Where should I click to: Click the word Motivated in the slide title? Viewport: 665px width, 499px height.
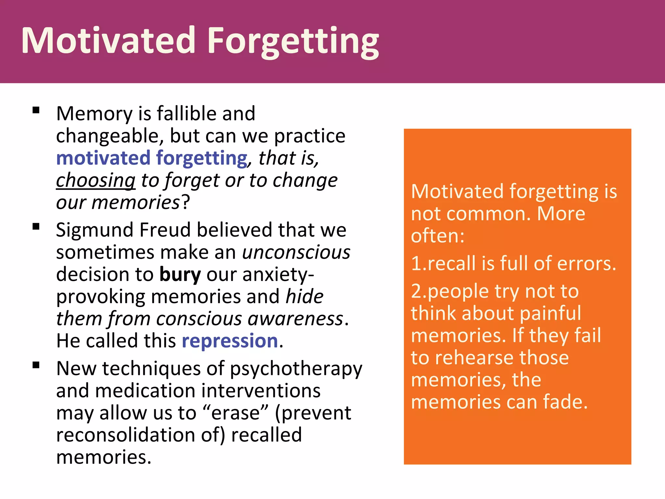pyautogui.click(x=108, y=41)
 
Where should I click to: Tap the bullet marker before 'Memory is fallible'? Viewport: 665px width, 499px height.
pyautogui.click(x=36, y=110)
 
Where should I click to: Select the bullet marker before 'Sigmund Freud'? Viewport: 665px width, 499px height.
pyautogui.click(x=36, y=226)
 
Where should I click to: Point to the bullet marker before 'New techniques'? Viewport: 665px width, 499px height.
pyautogui.click(x=36, y=365)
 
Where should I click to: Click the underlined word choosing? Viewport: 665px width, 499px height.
pyautogui.click(x=96, y=181)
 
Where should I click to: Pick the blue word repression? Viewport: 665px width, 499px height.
pyautogui.click(x=230, y=341)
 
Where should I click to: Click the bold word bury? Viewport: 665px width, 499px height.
pyautogui.click(x=180, y=275)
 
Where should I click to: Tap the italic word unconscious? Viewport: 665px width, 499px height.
pyautogui.click(x=296, y=252)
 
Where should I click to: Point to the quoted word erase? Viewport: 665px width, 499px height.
pyautogui.click(x=235, y=413)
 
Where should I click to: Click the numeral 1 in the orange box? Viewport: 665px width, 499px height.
pyautogui.click(x=417, y=263)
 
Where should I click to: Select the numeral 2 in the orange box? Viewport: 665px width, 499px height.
pyautogui.click(x=417, y=291)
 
